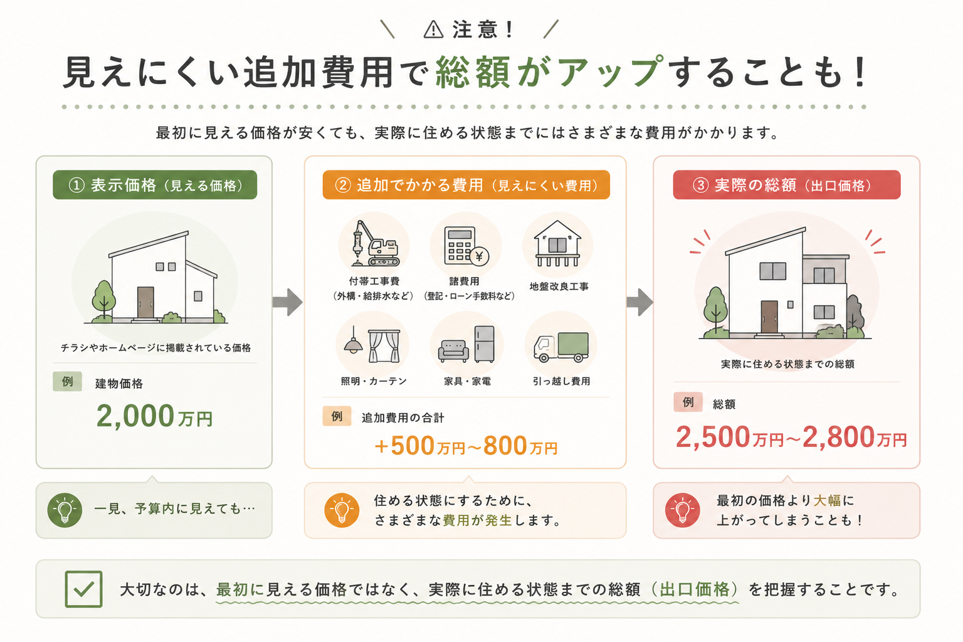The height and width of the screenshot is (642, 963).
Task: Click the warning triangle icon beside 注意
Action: (x=433, y=29)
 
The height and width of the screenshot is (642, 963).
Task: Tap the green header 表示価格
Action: (x=155, y=185)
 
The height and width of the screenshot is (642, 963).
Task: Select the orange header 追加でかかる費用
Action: (x=466, y=185)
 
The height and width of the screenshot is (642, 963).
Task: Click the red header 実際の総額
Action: (x=787, y=185)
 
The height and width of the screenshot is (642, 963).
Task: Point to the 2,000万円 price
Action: (x=154, y=416)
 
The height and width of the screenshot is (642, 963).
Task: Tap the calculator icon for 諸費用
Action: (x=466, y=246)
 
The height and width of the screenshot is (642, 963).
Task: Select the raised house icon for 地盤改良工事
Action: (x=557, y=244)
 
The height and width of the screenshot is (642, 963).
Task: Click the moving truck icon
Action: (x=561, y=347)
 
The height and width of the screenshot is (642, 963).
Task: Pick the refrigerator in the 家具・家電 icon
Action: (x=485, y=344)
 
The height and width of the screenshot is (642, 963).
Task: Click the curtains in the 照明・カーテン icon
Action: (x=384, y=346)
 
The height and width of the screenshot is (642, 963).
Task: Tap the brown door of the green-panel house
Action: (x=145, y=302)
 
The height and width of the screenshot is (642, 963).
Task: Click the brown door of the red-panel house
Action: (x=769, y=317)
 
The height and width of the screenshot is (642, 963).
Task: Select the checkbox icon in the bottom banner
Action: (x=83, y=589)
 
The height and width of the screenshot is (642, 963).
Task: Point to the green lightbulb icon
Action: (x=65, y=510)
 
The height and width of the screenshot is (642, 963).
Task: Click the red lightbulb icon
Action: (x=682, y=510)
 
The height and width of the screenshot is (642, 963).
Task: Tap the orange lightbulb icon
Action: (x=342, y=510)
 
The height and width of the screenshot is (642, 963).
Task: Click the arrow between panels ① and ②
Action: (x=287, y=302)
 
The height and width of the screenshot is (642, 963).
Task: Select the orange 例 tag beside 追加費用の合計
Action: (x=337, y=416)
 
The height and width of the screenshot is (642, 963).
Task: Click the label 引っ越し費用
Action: (x=561, y=381)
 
